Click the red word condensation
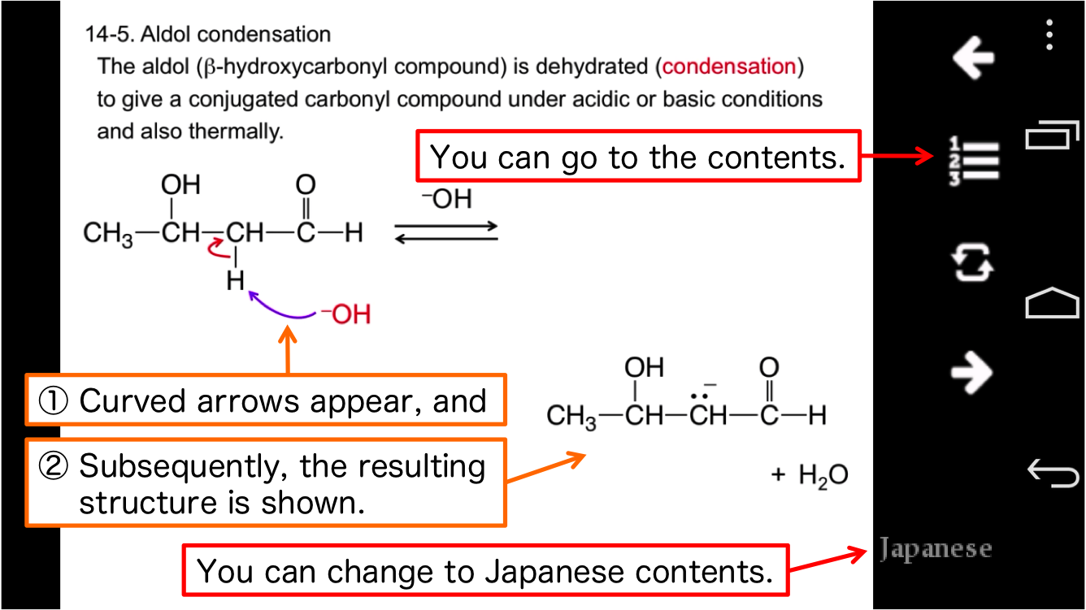click(728, 67)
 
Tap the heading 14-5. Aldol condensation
click(208, 34)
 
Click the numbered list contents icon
click(972, 160)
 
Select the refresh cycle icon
click(972, 264)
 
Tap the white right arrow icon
click(972, 373)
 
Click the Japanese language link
click(935, 550)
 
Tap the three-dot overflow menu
click(1050, 35)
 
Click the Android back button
click(1052, 472)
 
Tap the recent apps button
click(1052, 135)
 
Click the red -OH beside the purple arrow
click(346, 314)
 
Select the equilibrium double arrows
click(445, 231)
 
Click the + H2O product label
click(809, 475)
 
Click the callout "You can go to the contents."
click(638, 157)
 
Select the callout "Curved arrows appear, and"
click(266, 400)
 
